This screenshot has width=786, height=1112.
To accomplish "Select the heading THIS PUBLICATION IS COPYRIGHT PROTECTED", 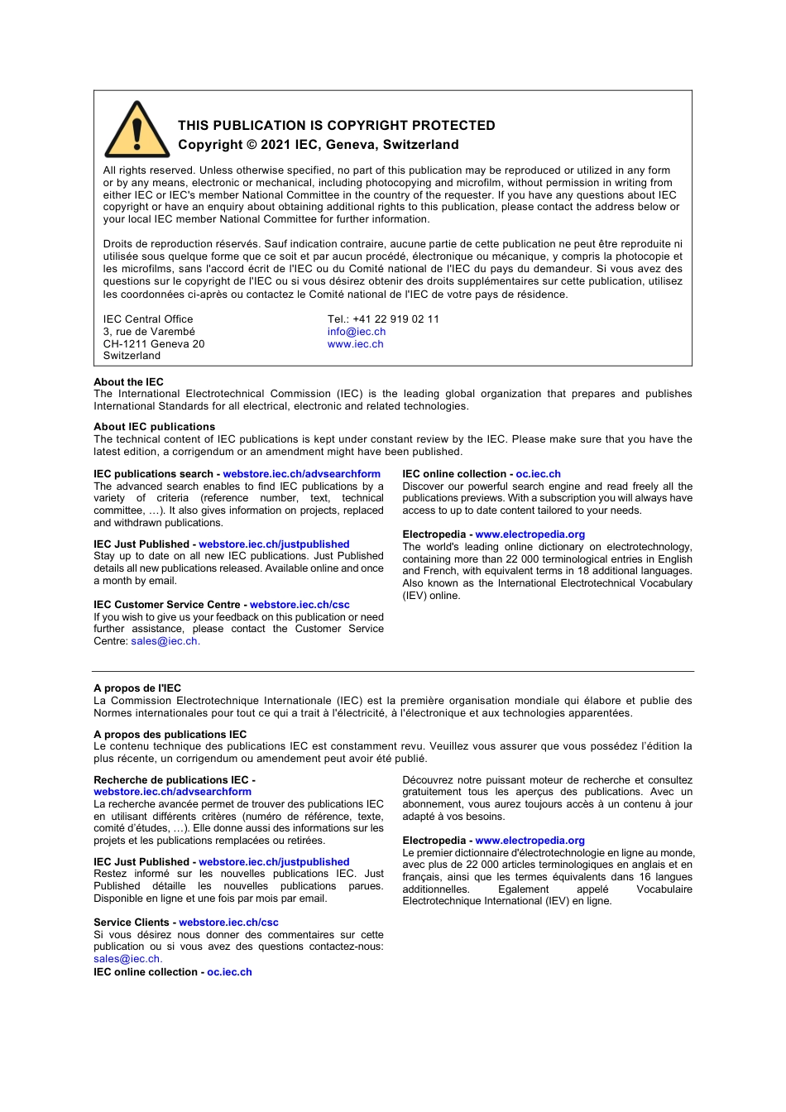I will (x=336, y=126).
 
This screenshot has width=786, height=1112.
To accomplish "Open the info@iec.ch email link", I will (x=356, y=332).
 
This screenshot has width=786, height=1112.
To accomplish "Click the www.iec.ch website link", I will (x=355, y=344).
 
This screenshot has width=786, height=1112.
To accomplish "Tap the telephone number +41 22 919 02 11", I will (x=395, y=319).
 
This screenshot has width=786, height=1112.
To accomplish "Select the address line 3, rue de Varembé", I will (x=149, y=332).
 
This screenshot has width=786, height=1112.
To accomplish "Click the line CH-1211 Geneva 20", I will (x=154, y=344).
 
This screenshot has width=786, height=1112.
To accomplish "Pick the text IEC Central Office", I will (x=148, y=319).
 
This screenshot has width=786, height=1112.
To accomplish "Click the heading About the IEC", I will (x=128, y=382).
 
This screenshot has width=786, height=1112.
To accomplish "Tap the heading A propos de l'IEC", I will (x=137, y=688).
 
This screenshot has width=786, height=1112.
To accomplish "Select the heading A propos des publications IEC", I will (x=170, y=735).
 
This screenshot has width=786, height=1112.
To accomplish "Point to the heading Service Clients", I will (x=131, y=923).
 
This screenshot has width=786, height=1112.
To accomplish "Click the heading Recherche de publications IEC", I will (x=171, y=780).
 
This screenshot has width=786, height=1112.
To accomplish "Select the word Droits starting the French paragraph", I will (x=119, y=244).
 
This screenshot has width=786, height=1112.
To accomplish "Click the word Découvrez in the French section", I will (x=427, y=780).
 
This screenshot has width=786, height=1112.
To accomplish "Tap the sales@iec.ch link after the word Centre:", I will (x=164, y=641).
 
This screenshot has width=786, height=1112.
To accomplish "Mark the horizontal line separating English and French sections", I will (x=393, y=671).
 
